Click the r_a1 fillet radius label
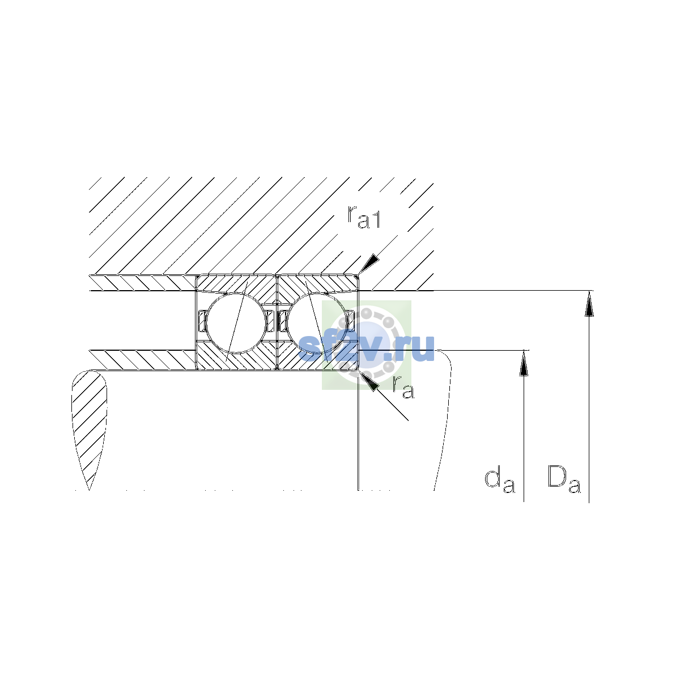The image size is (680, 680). click(x=364, y=216)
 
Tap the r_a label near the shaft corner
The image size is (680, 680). click(x=403, y=387)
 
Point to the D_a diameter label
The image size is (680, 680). click(x=564, y=479)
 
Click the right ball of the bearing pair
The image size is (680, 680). click(x=317, y=323)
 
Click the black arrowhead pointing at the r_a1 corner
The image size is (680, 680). click(x=369, y=264)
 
